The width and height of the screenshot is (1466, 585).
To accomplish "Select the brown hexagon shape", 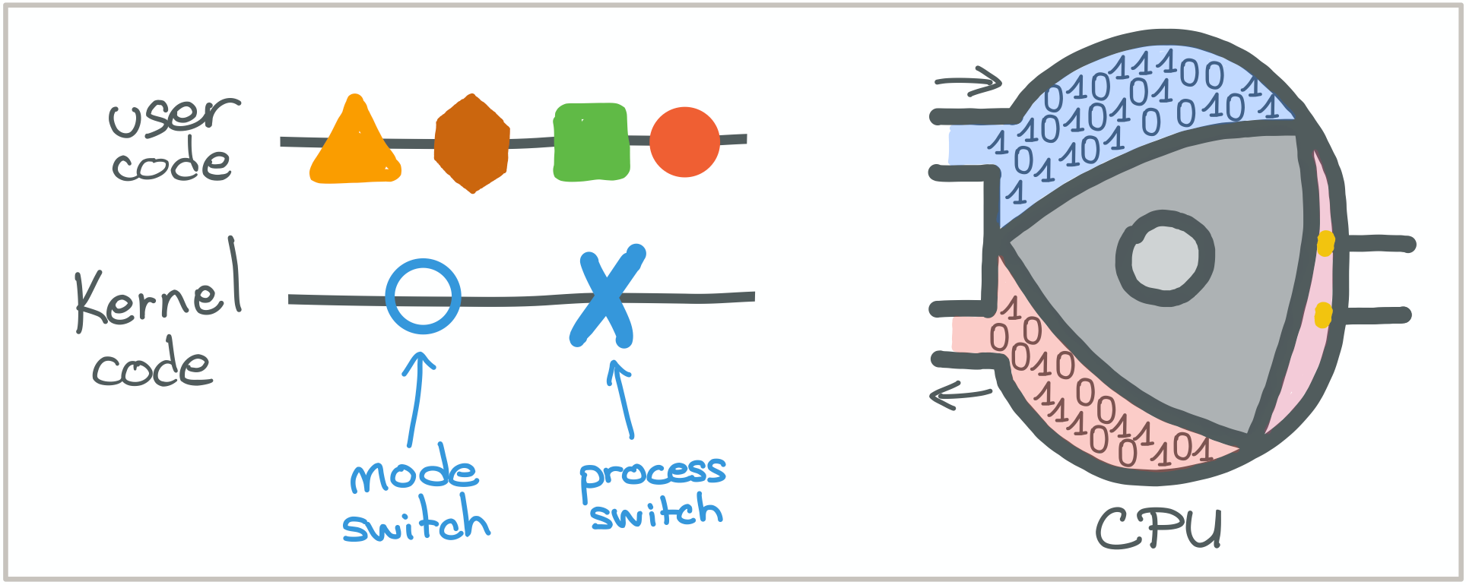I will (472, 144).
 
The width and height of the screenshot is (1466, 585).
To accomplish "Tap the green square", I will (592, 142).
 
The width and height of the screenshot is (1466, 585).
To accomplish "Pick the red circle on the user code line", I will (684, 142).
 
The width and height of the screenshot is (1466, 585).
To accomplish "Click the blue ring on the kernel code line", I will (423, 296).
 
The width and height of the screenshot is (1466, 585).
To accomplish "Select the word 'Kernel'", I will (158, 292).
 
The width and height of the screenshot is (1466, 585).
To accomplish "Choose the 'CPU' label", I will (1159, 529).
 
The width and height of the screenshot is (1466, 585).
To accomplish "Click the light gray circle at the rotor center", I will (1164, 258).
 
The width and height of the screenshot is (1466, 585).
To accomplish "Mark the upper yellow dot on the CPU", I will (1325, 243).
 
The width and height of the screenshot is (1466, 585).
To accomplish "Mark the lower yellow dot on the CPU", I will (1323, 315).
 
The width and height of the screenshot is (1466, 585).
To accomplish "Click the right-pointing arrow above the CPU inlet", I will (969, 81).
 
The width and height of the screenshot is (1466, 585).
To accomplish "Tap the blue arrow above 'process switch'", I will (622, 398).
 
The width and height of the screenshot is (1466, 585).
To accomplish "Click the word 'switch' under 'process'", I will (657, 513).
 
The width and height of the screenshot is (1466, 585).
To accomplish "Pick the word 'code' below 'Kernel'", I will (152, 366).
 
